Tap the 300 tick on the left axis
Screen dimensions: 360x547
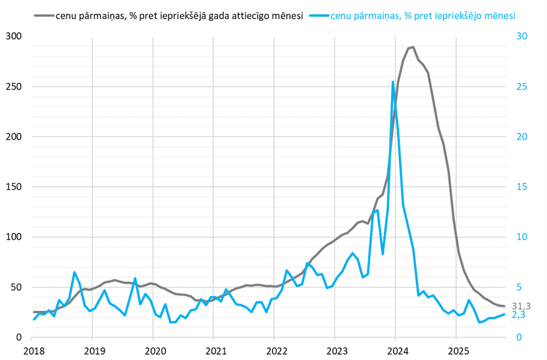click(14, 37)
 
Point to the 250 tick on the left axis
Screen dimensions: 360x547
click(14, 87)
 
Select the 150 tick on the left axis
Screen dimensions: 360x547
click(14, 187)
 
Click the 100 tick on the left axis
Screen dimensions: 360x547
click(14, 237)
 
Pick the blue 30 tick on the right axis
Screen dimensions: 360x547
click(522, 37)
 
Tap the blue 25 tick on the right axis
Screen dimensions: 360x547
click(522, 87)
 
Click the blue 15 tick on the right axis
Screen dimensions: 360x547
click(522, 187)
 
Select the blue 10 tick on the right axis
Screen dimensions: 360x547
click(522, 237)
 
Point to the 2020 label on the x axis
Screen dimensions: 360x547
click(153, 350)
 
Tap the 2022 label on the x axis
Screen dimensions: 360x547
click(275, 350)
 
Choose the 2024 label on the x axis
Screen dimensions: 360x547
click(396, 350)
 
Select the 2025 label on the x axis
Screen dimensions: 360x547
click(457, 350)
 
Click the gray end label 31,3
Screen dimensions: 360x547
click(521, 306)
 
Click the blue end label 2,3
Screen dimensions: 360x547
click(518, 315)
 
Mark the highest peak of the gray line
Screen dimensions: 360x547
click(413, 47)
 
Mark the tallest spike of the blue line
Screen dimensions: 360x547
click(393, 82)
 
